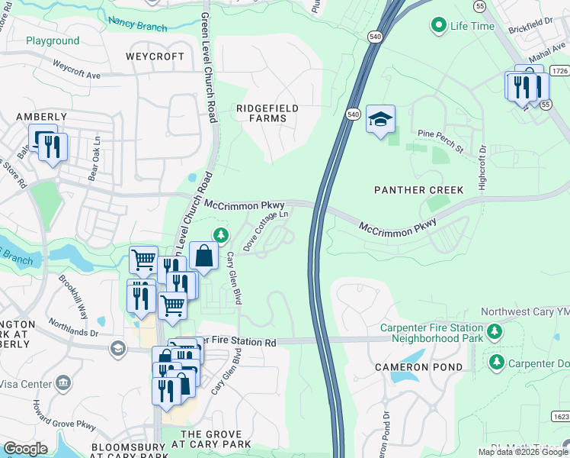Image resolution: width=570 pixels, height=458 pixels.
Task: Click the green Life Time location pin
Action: click(438, 26)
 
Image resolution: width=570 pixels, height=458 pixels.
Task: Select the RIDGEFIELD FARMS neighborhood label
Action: click(267, 113)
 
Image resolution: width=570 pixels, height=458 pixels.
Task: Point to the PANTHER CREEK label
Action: click(408, 189)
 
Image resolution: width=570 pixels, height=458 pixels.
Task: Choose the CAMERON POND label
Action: click(418, 367)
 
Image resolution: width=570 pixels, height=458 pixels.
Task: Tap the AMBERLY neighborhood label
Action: click(42, 117)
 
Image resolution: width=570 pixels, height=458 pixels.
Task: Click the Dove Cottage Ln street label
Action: click(266, 231)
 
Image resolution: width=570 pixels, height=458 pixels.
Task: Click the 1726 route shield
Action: click(560, 71)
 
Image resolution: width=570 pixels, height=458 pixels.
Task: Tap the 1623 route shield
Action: click(560, 417)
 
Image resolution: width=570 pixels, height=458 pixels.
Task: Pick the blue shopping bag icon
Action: click(204, 256)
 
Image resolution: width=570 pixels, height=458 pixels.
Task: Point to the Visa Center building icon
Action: click(63, 381)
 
